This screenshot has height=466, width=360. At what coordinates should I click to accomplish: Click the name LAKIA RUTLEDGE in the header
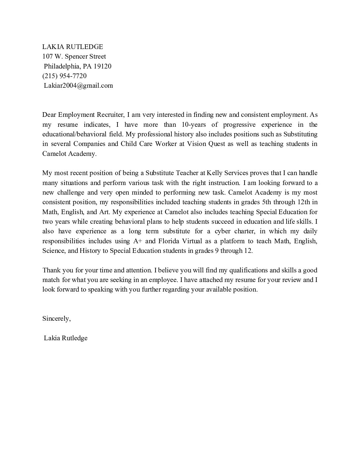pyautogui.click(x=72, y=47)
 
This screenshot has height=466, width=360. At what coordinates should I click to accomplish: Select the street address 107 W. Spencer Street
pyautogui.click(x=74, y=56)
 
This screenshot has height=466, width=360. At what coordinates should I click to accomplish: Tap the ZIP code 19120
pyautogui.click(x=103, y=66)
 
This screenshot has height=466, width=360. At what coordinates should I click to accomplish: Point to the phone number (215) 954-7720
pyautogui.click(x=65, y=76)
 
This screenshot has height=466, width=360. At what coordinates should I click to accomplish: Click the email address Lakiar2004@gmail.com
pyautogui.click(x=78, y=85)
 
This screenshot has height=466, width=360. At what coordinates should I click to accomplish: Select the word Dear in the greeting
pyautogui.click(x=49, y=115)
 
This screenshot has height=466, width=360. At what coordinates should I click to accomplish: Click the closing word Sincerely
pyautogui.click(x=56, y=318)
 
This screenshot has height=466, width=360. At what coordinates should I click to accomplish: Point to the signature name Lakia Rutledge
pyautogui.click(x=66, y=338)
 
